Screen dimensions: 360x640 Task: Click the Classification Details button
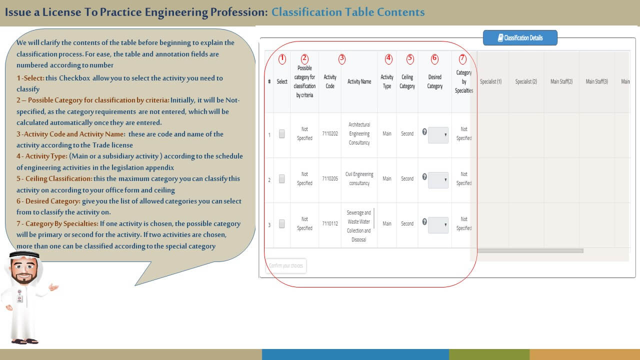click(x=520, y=38)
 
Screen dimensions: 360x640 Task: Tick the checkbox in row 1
click(x=282, y=134)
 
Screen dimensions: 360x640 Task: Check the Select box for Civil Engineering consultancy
click(x=282, y=178)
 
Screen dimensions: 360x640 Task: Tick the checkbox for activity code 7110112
click(x=282, y=224)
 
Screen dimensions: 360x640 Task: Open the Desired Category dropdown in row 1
click(x=438, y=135)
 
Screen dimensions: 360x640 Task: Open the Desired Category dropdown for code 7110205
click(x=438, y=180)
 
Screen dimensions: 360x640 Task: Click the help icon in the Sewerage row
click(x=424, y=222)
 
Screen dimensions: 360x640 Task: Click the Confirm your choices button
click(x=286, y=265)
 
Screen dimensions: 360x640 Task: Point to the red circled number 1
click(x=282, y=58)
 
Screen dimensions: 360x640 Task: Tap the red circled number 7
click(x=462, y=58)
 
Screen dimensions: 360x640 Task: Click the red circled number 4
click(x=388, y=58)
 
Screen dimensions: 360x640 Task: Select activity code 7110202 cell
click(x=330, y=134)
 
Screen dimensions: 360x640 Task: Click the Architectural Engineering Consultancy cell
click(x=359, y=134)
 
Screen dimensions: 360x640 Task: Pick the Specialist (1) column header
click(x=490, y=81)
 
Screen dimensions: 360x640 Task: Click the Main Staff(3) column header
click(x=596, y=81)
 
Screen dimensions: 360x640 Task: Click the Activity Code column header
click(x=330, y=81)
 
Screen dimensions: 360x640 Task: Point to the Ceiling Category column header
click(x=407, y=81)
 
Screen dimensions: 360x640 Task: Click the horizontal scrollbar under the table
click(x=530, y=250)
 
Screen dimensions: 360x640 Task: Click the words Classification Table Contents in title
click(x=348, y=12)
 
